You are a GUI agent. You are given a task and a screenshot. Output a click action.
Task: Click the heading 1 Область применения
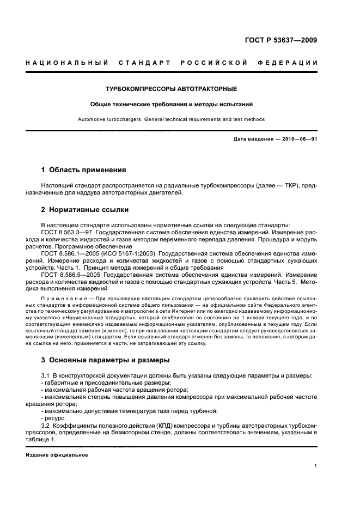(84, 170)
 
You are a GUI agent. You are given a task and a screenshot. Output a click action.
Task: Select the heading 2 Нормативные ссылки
(85, 210)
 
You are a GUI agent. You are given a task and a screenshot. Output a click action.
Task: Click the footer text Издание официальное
(57, 455)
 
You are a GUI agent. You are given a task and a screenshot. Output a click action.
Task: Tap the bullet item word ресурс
(55, 418)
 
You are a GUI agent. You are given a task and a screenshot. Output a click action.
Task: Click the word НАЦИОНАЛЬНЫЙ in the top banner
(65, 63)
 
